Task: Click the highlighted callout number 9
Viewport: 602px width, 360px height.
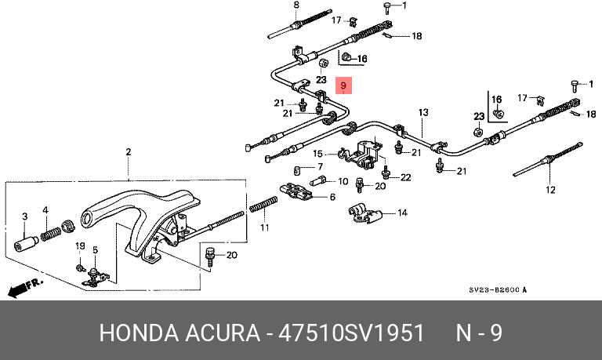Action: coord(343,85)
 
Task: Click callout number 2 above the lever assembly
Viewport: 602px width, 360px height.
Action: coord(129,151)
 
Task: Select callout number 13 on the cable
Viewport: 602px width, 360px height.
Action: coord(422,112)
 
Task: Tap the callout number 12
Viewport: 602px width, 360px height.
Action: coord(550,189)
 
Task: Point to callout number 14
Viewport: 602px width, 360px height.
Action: coord(403,213)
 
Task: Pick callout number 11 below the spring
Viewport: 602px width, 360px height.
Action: coord(332,197)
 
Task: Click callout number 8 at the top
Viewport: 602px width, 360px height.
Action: coord(296,6)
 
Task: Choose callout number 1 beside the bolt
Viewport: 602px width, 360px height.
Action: coord(404,6)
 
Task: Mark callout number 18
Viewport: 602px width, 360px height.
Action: coord(417,36)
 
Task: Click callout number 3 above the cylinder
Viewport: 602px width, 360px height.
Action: coord(24,216)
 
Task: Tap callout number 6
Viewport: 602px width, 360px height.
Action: coord(332,197)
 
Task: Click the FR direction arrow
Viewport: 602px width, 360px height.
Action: coord(24,287)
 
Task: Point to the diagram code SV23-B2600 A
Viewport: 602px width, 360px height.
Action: coord(498,290)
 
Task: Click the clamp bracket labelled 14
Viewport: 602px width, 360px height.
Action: coord(363,212)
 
